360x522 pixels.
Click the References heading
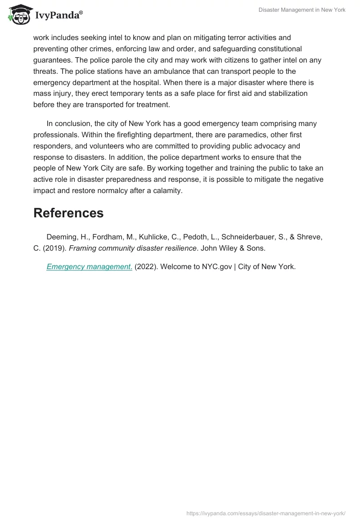click(x=68, y=213)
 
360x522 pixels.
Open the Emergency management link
click(x=89, y=266)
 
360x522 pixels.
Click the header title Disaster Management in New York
click(x=302, y=10)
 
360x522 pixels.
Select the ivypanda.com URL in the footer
click(x=265, y=513)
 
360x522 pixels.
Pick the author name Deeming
click(x=62, y=237)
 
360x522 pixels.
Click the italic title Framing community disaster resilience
click(x=133, y=248)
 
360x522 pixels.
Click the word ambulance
click(x=187, y=71)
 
